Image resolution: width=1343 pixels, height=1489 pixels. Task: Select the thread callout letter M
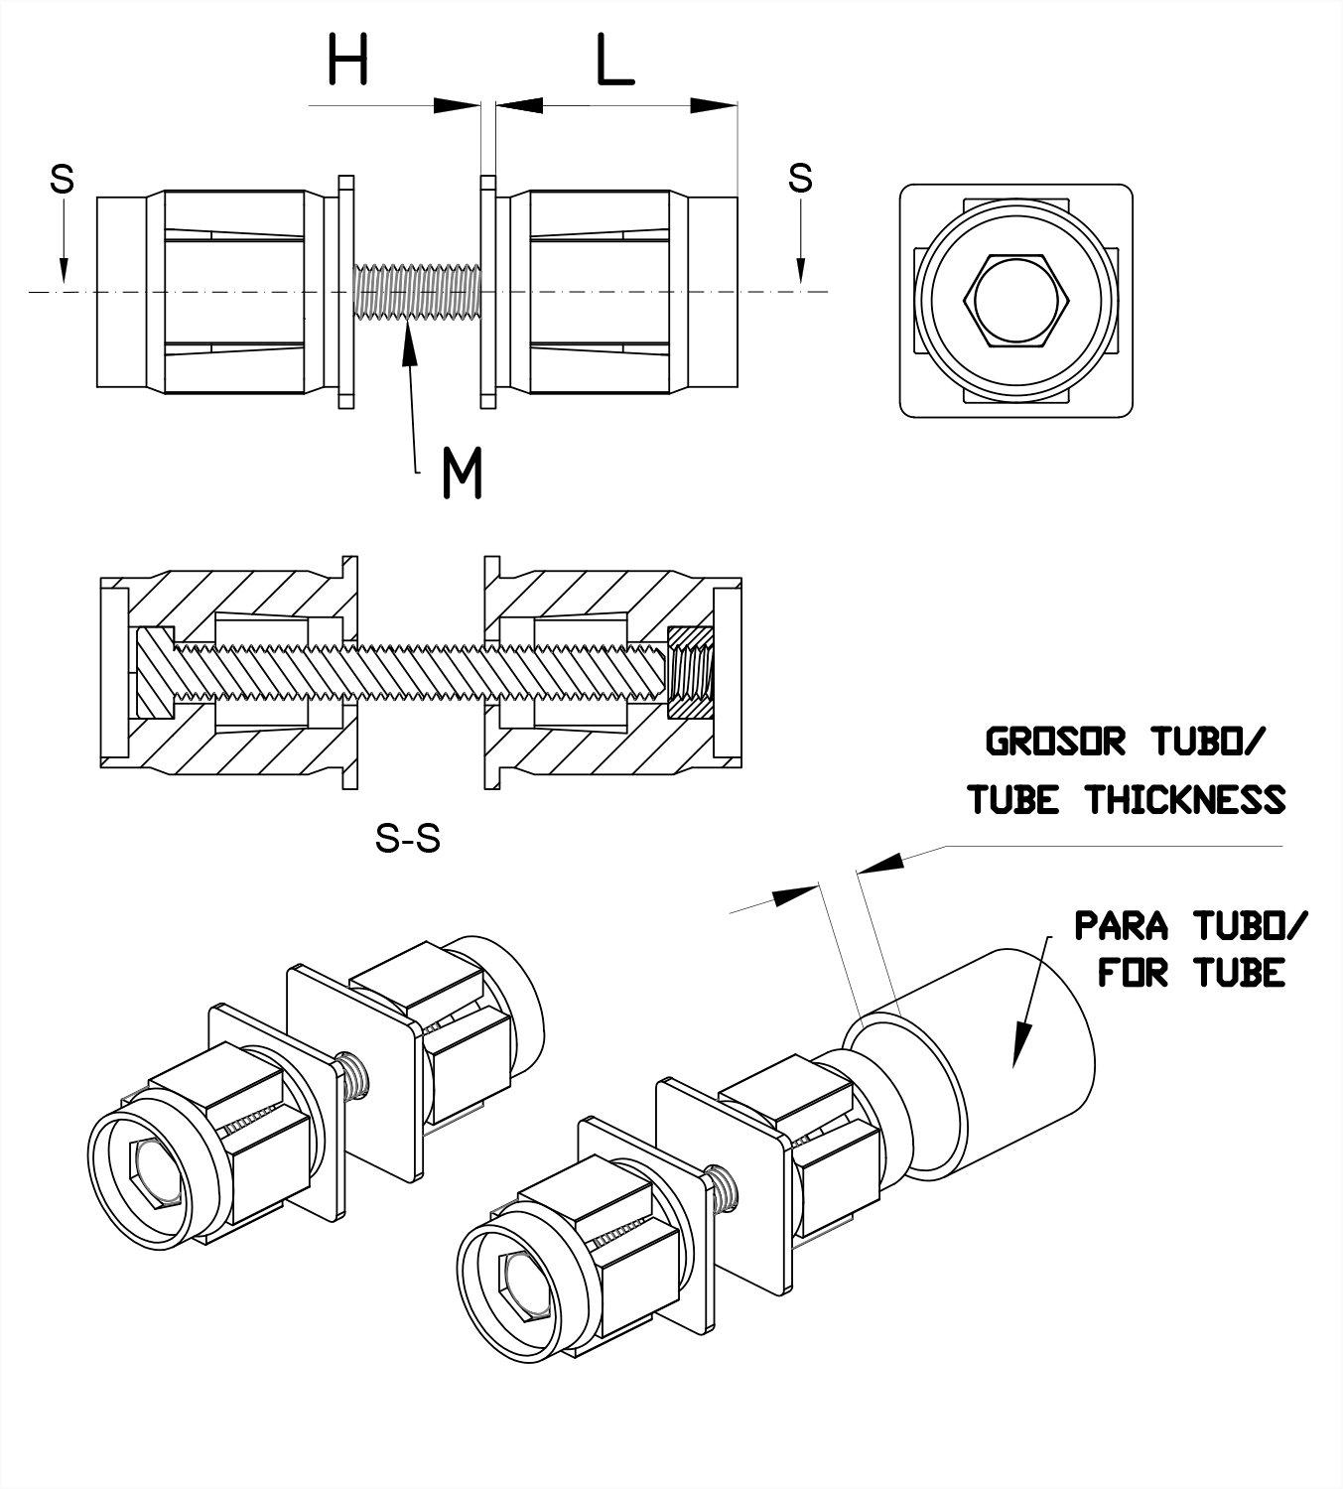(462, 473)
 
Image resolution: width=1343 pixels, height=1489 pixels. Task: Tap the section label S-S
(407, 840)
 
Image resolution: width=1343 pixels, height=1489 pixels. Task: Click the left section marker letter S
(62, 180)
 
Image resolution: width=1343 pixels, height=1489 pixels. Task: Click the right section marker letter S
(800, 179)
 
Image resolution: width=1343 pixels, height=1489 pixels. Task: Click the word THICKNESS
(1185, 799)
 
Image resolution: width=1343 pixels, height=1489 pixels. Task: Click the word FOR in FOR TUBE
(1133, 972)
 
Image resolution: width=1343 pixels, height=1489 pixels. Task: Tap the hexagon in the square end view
(1015, 301)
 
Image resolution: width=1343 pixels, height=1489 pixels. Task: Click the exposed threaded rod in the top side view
(417, 292)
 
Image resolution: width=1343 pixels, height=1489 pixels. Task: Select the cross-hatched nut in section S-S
(691, 673)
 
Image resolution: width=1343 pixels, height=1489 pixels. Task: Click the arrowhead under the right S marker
(801, 271)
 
